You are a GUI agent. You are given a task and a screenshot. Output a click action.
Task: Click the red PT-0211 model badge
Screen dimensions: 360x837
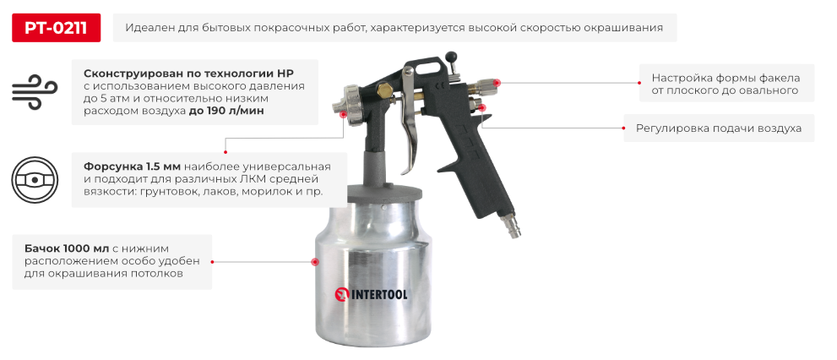coord(56,28)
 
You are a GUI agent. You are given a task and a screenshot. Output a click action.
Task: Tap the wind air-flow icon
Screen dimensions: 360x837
coord(35,91)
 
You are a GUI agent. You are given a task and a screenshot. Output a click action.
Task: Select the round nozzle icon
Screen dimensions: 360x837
coord(35,179)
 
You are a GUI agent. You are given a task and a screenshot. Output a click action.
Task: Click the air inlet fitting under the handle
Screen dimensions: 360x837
coord(512,226)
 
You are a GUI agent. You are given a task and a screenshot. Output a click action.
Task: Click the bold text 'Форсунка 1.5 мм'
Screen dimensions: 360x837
coord(127,166)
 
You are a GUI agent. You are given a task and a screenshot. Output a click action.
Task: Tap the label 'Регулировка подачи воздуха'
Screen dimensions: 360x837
coord(718,129)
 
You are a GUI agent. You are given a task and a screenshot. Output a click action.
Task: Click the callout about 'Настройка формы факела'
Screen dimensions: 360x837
coord(726,84)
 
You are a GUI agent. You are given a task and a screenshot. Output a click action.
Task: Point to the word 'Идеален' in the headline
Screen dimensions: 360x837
coord(147,28)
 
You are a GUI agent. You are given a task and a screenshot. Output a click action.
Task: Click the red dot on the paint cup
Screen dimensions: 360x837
coord(317,262)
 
